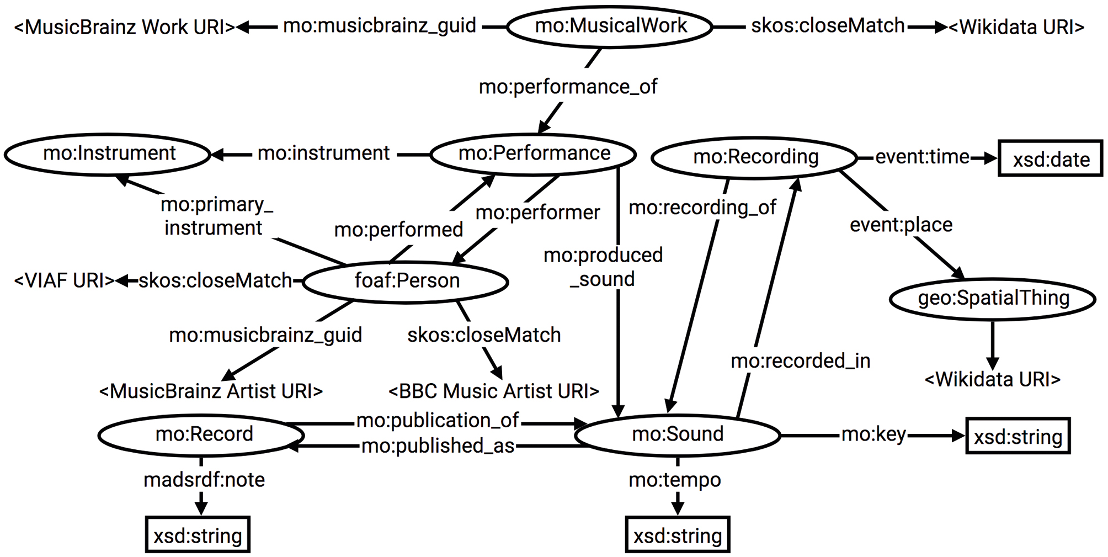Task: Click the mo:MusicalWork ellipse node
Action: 610,26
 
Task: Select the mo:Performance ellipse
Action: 533,154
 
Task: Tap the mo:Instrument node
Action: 109,154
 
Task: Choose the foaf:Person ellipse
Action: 406,281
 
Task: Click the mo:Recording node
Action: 755,158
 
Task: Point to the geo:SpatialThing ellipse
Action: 993,299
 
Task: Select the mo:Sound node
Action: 677,435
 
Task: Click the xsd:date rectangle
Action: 1050,160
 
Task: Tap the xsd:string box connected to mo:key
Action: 1018,436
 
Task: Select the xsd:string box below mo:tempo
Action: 677,535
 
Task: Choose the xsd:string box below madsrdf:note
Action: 198,535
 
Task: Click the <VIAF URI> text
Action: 64,281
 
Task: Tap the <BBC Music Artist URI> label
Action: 493,391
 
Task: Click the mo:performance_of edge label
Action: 568,87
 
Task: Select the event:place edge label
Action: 901,225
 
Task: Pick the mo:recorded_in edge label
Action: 800,361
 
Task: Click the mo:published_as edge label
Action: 438,445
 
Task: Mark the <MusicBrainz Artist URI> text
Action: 211,391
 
